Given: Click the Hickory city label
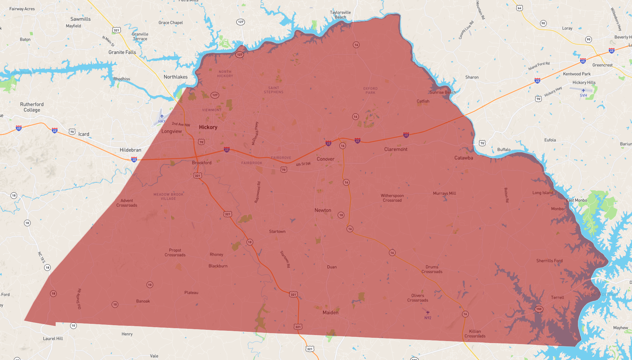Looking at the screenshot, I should coord(208,127).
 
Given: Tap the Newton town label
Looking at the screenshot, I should coord(323,210).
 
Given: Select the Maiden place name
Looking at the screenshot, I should coord(330,313).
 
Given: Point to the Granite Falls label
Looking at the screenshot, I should coord(122,52).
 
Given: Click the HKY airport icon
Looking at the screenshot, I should coord(162,116).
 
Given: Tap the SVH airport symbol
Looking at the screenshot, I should coord(583,90).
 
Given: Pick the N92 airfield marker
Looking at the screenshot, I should coord(428,313).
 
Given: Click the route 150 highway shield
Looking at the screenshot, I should coord(539,309).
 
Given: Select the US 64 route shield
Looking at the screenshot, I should coord(520,8).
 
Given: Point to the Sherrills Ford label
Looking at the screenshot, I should coord(549,261).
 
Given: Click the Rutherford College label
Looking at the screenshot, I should coord(32,107).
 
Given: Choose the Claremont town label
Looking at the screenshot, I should coord(396,150).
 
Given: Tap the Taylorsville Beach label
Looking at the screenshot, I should coord(340,15).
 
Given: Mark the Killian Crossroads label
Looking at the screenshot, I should coord(475,333).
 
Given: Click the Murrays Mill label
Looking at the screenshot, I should coord(444,193).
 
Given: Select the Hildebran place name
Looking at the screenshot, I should coord(130,150).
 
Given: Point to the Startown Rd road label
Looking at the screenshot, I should coord(285,259).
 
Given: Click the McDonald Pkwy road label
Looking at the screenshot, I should coord(255,133).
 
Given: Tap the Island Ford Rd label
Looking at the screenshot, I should coord(539,66).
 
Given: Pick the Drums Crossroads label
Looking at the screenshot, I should coord(432,269).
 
